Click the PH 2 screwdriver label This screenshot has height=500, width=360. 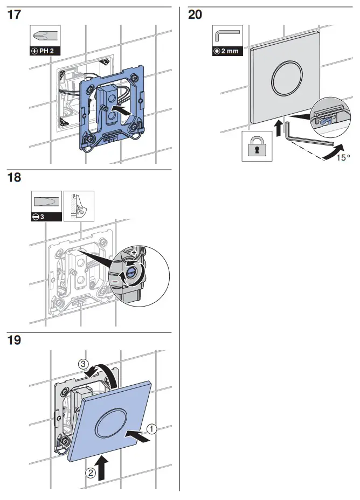click(45, 52)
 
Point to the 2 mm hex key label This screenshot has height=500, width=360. click(227, 52)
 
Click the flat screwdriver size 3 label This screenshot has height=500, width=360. click(45, 216)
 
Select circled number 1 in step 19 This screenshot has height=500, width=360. click(152, 429)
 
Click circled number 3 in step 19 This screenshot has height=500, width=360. click(84, 365)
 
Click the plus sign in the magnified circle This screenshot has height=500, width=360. click(134, 252)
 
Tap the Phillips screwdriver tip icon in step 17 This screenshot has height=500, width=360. click(45, 38)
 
